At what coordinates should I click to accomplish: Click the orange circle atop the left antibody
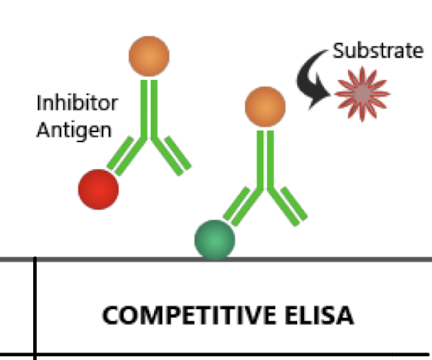(x=148, y=56)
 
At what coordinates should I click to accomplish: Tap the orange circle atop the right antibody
(x=265, y=105)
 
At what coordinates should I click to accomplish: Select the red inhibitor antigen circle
(x=98, y=190)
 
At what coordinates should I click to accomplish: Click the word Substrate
(x=378, y=50)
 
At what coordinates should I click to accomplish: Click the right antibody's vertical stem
(x=264, y=155)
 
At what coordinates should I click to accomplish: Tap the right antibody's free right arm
(x=288, y=204)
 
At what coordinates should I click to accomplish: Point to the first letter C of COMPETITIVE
(x=109, y=316)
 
